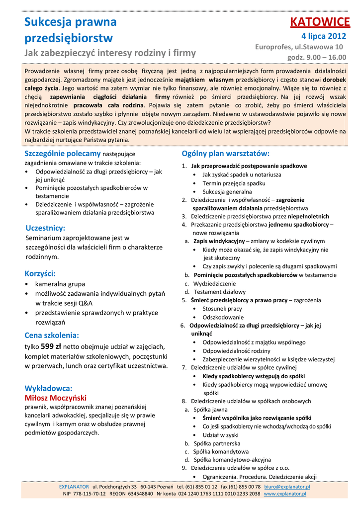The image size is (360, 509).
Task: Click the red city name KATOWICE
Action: (x=320, y=22)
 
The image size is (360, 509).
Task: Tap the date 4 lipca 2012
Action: (x=323, y=36)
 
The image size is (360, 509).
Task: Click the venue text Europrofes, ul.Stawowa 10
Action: (x=299, y=47)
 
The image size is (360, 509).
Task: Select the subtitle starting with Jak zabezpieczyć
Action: (x=110, y=53)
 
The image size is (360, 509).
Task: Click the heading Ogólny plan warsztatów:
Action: (x=225, y=153)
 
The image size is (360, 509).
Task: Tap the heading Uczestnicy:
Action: (x=45, y=228)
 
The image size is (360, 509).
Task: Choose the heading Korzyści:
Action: (x=40, y=273)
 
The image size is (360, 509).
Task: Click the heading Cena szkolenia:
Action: (x=52, y=335)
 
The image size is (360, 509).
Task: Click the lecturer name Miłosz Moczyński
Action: (x=56, y=398)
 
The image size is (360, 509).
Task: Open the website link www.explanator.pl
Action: (x=284, y=494)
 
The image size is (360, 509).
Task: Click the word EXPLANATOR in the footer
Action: (x=74, y=487)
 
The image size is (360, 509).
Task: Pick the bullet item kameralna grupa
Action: (x=60, y=284)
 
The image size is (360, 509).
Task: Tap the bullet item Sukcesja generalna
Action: (x=227, y=191)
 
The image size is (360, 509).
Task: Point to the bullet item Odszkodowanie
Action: (x=223, y=317)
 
